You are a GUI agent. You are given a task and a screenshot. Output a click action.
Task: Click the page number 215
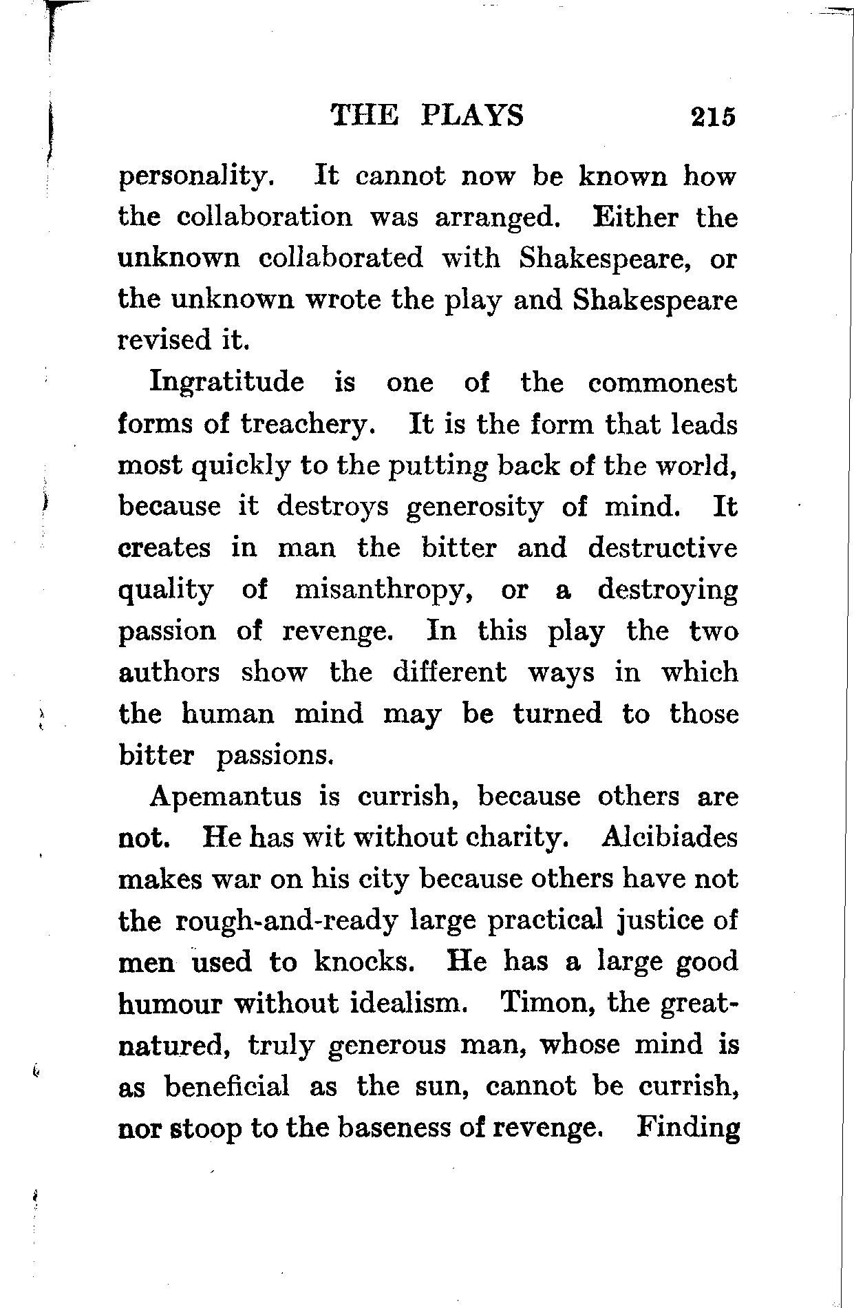(x=714, y=116)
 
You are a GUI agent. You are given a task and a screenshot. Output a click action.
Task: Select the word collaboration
(x=264, y=218)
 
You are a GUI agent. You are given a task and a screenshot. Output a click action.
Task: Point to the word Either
(x=634, y=218)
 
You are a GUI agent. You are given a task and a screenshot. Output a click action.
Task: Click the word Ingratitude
(x=226, y=383)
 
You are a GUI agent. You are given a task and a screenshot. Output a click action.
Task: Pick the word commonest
(x=662, y=383)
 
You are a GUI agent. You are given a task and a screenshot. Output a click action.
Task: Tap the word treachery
(x=308, y=424)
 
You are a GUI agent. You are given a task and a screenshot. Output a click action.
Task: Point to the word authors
(x=169, y=672)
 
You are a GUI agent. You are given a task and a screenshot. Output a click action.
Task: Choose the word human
(x=228, y=713)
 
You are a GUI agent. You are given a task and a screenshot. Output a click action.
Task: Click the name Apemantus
(x=226, y=797)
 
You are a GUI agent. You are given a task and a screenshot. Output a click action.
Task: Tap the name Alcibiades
(x=669, y=838)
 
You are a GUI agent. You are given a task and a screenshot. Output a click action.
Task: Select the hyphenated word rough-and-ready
(x=287, y=921)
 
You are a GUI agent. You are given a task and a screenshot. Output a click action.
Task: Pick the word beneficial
(x=227, y=1086)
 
